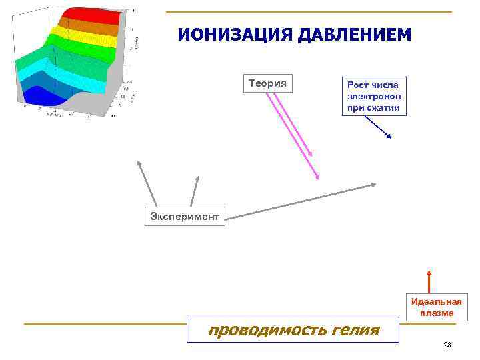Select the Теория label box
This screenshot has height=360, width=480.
pyautogui.click(x=267, y=83)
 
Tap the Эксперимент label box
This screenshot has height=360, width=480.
pyautogui.click(x=185, y=216)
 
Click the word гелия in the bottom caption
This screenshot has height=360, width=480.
pyautogui.click(x=354, y=329)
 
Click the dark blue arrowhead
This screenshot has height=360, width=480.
pyautogui.click(x=389, y=136)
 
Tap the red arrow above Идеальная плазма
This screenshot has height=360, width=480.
pyautogui.click(x=429, y=281)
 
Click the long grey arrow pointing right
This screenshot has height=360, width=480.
pyautogui.click(x=300, y=199)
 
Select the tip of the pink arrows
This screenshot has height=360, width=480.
pyautogui.click(x=317, y=177)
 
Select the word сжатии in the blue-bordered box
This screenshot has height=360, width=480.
pyautogui.click(x=373, y=107)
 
